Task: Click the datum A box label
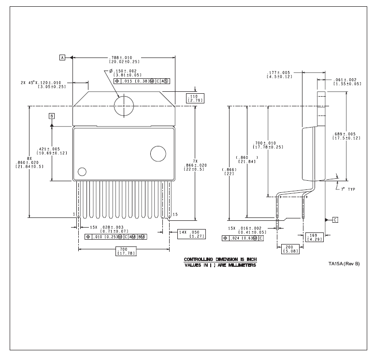62,58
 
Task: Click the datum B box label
51,116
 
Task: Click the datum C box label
335,220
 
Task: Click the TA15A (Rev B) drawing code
344,263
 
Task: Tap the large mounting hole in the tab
124,106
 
